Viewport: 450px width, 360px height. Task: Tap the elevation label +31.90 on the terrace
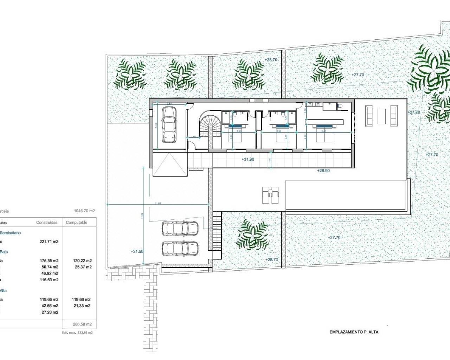pyautogui.click(x=248, y=159)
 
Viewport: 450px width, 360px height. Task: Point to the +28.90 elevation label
pyautogui.click(x=323, y=170)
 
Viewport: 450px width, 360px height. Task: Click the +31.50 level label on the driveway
pyautogui.click(x=137, y=251)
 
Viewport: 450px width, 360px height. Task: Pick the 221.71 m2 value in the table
pyautogui.click(x=49, y=242)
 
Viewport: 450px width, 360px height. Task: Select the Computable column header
pyautogui.click(x=76, y=223)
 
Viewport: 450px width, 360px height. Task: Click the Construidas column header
pyautogui.click(x=47, y=223)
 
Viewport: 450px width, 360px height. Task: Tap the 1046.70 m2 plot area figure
pyautogui.click(x=84, y=211)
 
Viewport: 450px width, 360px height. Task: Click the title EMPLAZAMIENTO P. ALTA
pyautogui.click(x=354, y=332)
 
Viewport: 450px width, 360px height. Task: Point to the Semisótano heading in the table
pyautogui.click(x=10, y=233)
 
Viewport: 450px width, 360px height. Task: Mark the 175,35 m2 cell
pyautogui.click(x=49, y=261)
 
